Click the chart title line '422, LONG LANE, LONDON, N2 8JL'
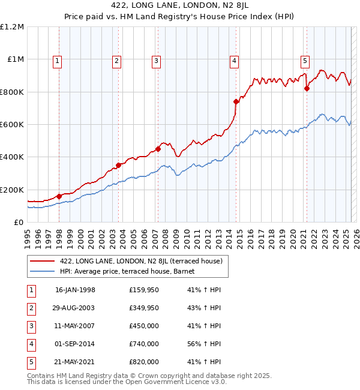click(x=180, y=5)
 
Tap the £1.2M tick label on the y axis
click(x=12, y=27)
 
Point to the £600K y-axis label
click(x=12, y=125)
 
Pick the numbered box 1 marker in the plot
click(x=57, y=60)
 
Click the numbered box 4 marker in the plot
click(x=233, y=60)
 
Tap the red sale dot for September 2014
click(x=236, y=101)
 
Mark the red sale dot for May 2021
click(x=307, y=88)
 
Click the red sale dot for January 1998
click(x=59, y=196)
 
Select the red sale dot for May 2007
click(x=158, y=149)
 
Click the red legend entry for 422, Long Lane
click(x=141, y=261)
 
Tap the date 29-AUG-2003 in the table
click(x=75, y=308)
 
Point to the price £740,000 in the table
click(x=144, y=344)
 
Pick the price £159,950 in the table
click(x=144, y=290)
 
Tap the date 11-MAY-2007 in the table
click(x=75, y=326)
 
